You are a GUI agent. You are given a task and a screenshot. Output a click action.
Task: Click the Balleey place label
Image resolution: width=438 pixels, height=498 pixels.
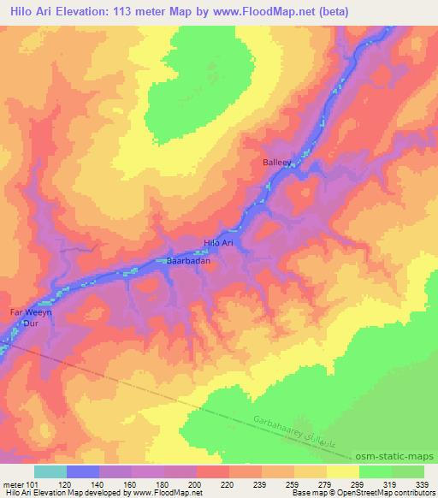[x=278, y=161]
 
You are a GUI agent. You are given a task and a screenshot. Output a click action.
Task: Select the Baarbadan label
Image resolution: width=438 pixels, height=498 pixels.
[x=188, y=261]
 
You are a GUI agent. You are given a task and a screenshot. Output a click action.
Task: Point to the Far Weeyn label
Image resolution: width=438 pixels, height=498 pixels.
[x=31, y=314]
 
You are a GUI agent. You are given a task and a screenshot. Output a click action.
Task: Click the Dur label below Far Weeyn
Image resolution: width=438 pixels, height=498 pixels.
[x=31, y=325]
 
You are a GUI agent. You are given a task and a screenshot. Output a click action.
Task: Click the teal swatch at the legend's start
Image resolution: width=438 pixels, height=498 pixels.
[x=50, y=471]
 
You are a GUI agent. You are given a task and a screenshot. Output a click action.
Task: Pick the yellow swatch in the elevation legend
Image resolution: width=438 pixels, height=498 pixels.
[x=342, y=471]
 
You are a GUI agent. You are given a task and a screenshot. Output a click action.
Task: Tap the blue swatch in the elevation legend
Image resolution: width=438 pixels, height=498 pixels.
[x=83, y=471]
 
